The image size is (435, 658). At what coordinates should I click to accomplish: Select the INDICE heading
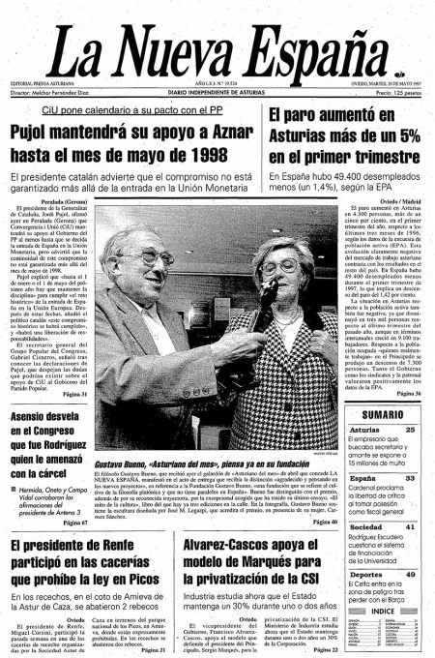pyautogui.click(x=383, y=611)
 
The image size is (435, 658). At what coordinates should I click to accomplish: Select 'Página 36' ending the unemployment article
pyautogui.click(x=407, y=395)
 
